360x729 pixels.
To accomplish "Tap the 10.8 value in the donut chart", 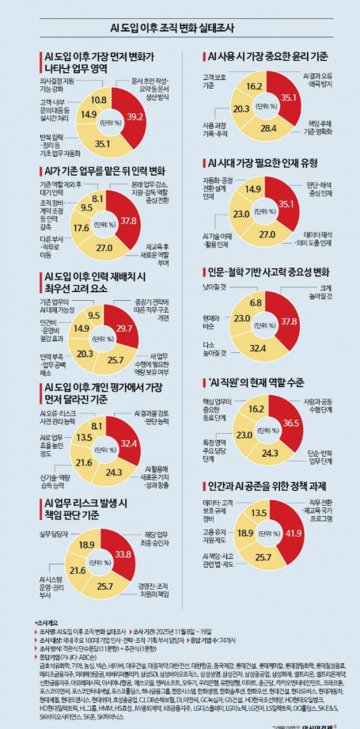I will pos(99,100).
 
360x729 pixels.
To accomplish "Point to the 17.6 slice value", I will pos(81,228).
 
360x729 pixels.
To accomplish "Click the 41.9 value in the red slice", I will pos(294,533).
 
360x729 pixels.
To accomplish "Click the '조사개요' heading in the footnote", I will pos(47,623).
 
